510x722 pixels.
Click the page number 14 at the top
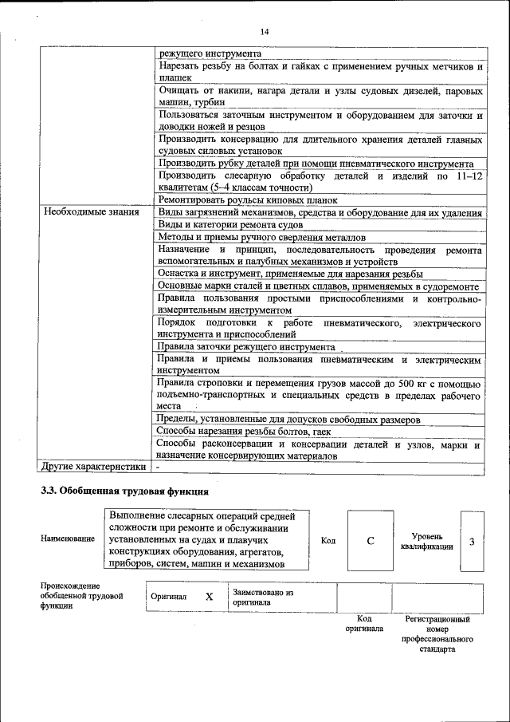(265, 31)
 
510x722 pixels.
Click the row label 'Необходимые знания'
(92, 212)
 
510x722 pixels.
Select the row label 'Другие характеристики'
(94, 467)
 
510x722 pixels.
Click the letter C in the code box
(371, 541)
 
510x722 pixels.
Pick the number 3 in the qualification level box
(472, 542)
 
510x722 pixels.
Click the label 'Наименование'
(68, 539)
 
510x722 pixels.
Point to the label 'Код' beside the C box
(328, 541)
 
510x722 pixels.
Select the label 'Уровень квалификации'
(427, 542)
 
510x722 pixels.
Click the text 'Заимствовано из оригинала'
(263, 598)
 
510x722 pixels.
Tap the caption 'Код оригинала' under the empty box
(364, 623)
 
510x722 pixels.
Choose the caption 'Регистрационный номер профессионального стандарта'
(437, 633)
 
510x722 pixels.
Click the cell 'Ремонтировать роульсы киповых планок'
(248, 199)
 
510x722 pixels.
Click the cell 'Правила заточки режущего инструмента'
(245, 348)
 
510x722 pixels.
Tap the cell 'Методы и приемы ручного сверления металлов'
(261, 238)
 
